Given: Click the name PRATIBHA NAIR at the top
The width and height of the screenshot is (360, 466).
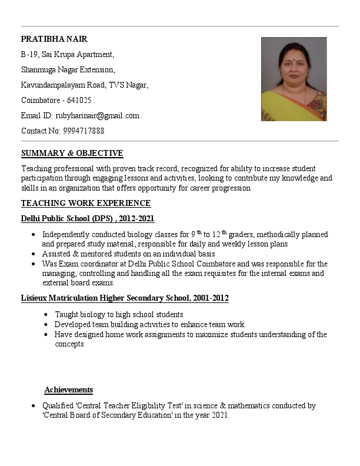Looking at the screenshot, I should coord(54,39).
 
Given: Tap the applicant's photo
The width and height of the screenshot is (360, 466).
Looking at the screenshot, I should coord(294,79).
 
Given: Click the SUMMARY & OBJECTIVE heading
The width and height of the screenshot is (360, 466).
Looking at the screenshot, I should coord(72,154).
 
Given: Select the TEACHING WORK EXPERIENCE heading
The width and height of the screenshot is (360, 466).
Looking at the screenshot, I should coord(86,204).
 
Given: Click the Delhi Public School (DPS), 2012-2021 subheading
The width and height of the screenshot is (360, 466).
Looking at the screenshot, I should coord(88,219).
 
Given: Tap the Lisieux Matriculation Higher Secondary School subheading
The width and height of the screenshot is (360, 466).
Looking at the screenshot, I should coord(125,298).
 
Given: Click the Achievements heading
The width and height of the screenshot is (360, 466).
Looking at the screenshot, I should coord(69,390).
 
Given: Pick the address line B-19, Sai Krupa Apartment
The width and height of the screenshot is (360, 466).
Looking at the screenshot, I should coord(68,55).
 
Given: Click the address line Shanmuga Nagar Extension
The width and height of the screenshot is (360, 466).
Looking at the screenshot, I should coord(68,70).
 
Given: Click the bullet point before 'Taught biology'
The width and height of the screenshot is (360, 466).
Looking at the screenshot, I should coord(46,315).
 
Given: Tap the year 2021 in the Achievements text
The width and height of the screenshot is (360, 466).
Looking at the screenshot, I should coord(218,415).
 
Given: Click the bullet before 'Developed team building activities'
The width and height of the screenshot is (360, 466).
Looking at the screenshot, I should coord(46,325).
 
